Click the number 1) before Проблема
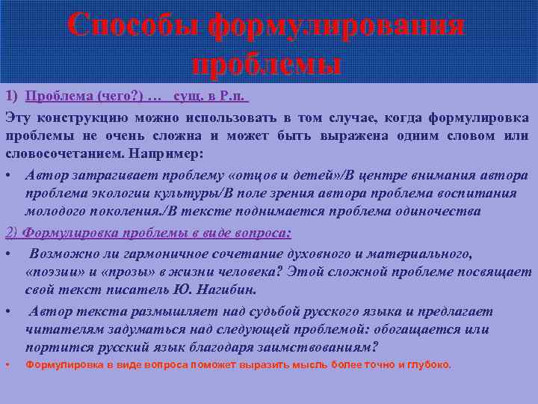click(x=13, y=97)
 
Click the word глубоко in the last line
click(x=427, y=365)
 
